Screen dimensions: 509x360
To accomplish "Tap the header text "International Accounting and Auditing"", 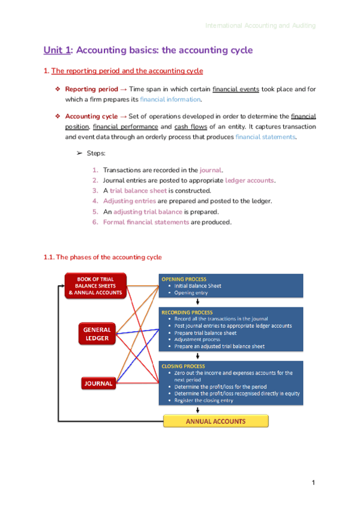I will click(x=260, y=26).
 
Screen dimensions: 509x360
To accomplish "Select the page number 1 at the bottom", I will click(x=313, y=483).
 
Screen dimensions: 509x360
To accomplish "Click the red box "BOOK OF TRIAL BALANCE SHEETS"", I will click(x=96, y=286).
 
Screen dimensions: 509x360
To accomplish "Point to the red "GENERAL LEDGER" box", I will click(x=97, y=334).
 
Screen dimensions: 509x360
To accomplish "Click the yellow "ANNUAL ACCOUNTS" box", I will click(x=215, y=421).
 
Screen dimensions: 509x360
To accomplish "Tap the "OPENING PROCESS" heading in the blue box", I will click(x=183, y=279).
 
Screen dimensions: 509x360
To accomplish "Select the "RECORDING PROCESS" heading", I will click(x=186, y=313).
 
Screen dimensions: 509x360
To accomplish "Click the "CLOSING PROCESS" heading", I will click(x=183, y=366).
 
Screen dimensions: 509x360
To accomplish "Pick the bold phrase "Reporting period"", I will click(x=91, y=89).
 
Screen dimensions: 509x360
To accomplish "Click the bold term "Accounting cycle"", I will click(x=91, y=116).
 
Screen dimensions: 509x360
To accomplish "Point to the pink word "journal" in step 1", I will click(x=211, y=170).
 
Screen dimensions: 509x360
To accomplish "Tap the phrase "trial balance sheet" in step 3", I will click(x=137, y=191).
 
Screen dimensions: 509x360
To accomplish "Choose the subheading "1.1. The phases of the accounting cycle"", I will click(x=103, y=258).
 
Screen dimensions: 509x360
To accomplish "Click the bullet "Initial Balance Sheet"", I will click(x=197, y=286).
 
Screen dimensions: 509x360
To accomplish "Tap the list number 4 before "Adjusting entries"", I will click(x=95, y=201).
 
